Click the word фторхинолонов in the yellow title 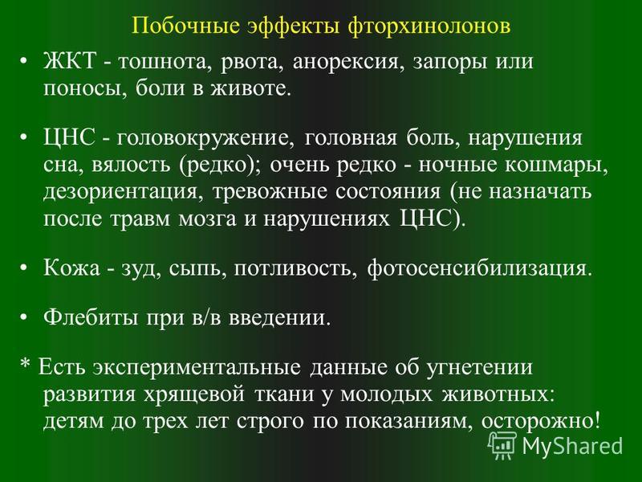[429, 27]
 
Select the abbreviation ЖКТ [70, 62]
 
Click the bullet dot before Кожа [25, 268]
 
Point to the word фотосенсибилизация [479, 269]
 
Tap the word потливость [292, 269]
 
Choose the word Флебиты [91, 317]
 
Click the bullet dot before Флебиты [25, 317]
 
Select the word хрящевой [194, 394]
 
